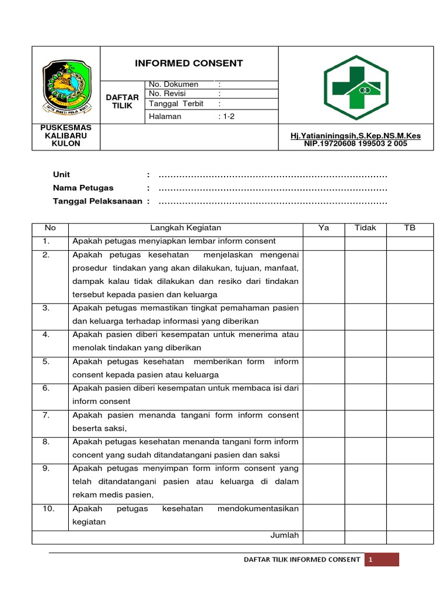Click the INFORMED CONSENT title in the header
pyautogui.click(x=190, y=64)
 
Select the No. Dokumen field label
pyautogui.click(x=174, y=85)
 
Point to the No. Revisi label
pyautogui.click(x=170, y=94)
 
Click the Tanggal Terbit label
pyautogui.click(x=176, y=104)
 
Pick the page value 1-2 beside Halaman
pyautogui.click(x=227, y=116)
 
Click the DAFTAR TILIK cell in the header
pyautogui.click(x=123, y=101)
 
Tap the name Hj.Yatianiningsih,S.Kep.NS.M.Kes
pyautogui.click(x=356, y=136)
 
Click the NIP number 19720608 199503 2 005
pyautogui.click(x=356, y=143)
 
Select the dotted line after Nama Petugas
pyautogui.click(x=273, y=188)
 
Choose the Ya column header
pyautogui.click(x=324, y=228)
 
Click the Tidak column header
pyautogui.click(x=366, y=228)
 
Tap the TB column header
pyautogui.click(x=410, y=228)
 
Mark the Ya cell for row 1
pyautogui.click(x=324, y=241)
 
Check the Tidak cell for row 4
pyautogui.click(x=366, y=341)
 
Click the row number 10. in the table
pyautogui.click(x=50, y=509)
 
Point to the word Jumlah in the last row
pyautogui.click(x=285, y=535)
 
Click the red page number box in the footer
pyautogui.click(x=381, y=560)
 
